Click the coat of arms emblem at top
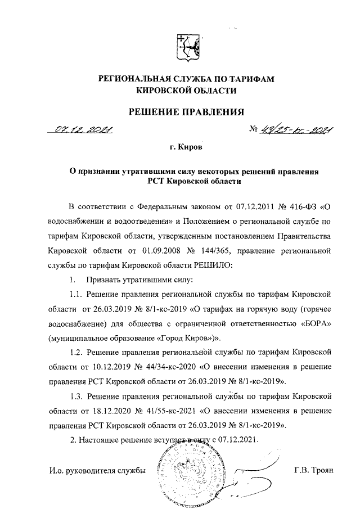186,48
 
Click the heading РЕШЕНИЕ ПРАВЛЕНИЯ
186,111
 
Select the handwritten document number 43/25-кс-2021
294,131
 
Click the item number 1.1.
76,294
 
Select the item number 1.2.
76,352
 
